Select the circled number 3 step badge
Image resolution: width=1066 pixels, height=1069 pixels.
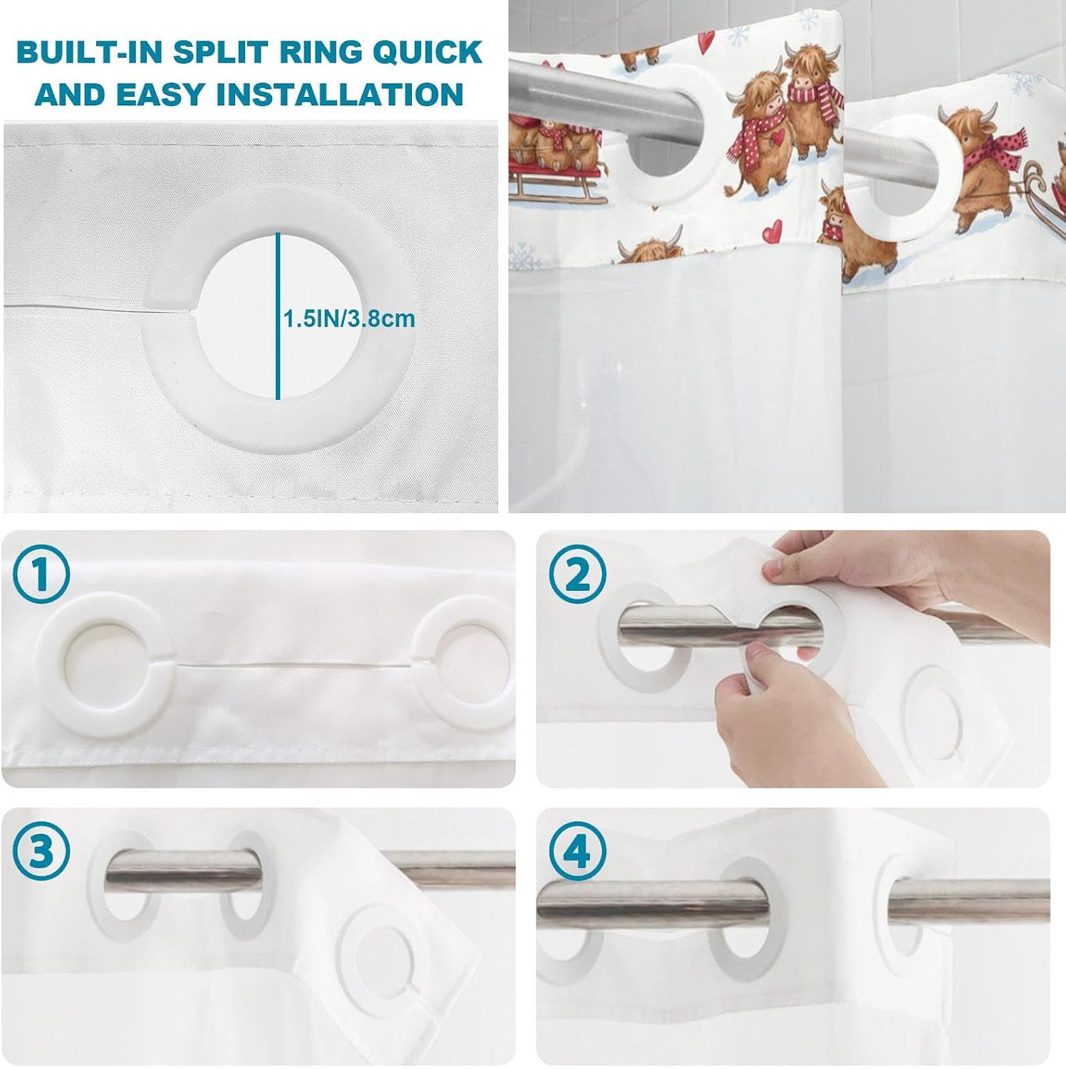[41, 851]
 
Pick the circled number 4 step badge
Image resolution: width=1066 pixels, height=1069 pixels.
[578, 851]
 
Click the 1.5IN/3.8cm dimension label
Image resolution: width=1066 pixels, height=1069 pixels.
[349, 318]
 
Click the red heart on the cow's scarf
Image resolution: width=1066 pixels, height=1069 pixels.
[780, 135]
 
